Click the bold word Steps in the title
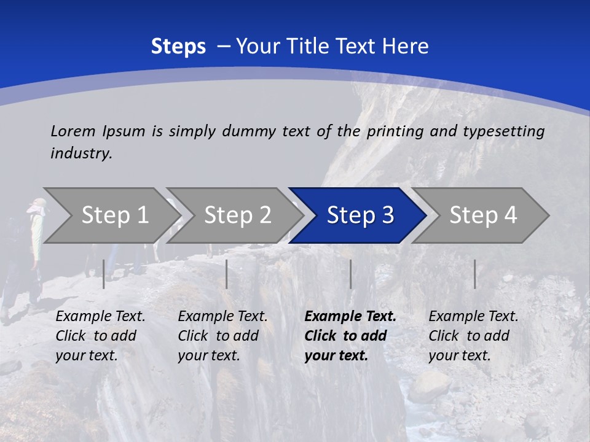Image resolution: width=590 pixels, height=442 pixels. click(178, 47)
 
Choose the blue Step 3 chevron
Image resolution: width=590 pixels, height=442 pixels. click(360, 215)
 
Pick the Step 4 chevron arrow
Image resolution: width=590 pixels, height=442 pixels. click(483, 215)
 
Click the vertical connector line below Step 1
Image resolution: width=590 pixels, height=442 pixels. click(104, 274)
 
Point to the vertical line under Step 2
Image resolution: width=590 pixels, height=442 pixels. click(227, 274)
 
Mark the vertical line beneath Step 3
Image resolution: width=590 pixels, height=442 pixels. click(351, 274)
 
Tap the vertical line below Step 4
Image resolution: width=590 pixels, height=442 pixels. click(475, 274)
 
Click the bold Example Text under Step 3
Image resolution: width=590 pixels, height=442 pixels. click(350, 317)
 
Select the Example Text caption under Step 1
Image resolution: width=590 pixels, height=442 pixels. click(100, 317)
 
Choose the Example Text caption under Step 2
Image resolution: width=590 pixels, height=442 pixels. click(222, 317)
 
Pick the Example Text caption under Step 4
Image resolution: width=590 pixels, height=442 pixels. click(473, 317)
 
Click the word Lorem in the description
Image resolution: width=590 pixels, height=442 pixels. click(73, 131)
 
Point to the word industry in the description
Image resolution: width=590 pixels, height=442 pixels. click(81, 153)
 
